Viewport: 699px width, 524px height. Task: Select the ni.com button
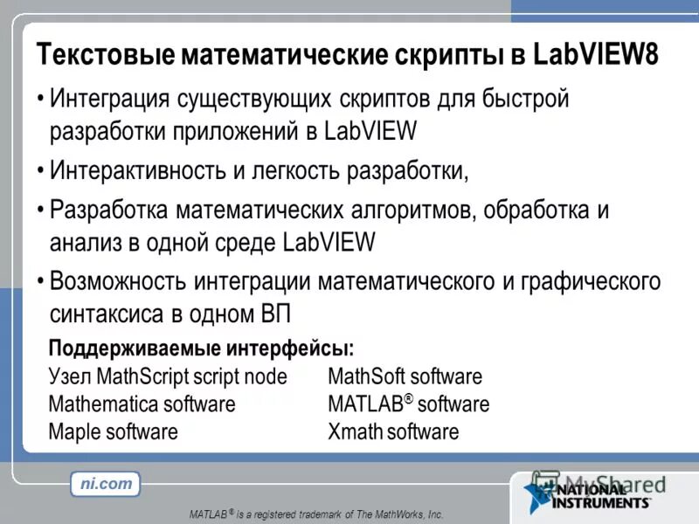105,483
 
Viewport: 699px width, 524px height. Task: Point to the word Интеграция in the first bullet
110,100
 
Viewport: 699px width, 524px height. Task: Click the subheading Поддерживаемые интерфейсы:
201,349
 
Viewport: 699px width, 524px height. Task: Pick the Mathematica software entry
142,404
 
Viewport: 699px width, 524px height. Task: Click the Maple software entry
113,431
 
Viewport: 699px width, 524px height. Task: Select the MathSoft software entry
405,376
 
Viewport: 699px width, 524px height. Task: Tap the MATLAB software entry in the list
408,404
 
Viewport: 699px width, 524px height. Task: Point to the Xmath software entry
393,431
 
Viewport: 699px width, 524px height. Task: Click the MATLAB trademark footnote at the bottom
316,514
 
